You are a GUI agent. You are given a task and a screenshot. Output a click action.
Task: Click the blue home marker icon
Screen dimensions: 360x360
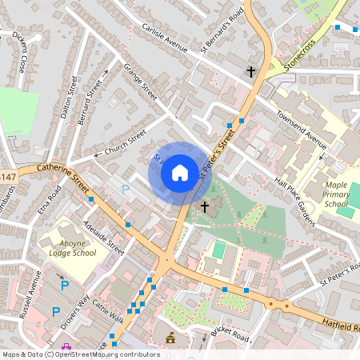point(180,172)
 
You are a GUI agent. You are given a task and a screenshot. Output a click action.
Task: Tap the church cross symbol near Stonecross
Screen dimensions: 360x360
point(250,72)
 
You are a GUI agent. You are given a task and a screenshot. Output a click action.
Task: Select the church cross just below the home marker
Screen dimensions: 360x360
point(204,207)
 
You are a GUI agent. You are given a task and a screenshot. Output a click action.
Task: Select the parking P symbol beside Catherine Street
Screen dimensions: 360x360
point(125,190)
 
